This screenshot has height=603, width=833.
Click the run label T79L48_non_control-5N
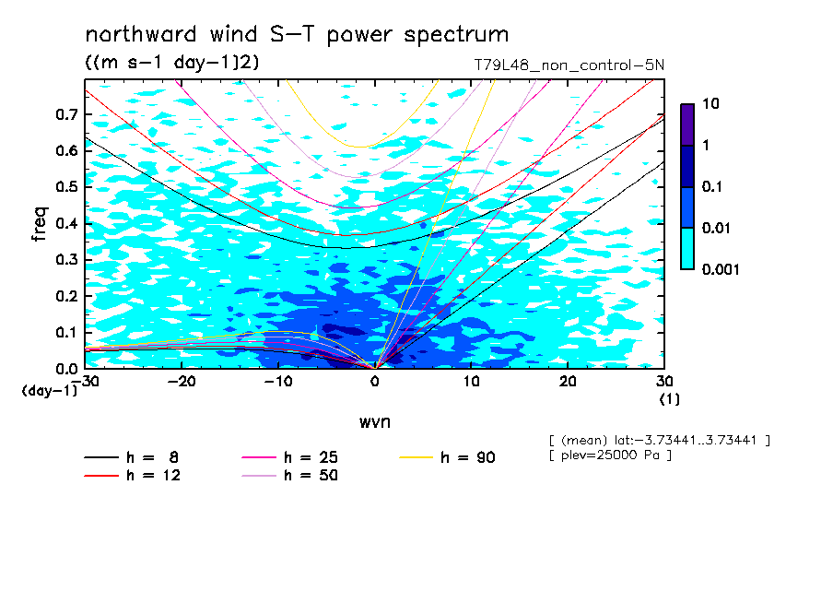(x=569, y=65)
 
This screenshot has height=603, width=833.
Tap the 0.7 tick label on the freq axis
(x=67, y=114)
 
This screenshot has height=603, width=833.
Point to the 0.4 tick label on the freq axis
(x=67, y=223)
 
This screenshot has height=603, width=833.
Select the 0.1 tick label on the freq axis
(x=67, y=332)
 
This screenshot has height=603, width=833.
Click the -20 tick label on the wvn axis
(x=182, y=382)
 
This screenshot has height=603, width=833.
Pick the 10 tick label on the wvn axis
(x=471, y=382)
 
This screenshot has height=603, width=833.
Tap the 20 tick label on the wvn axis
(x=568, y=382)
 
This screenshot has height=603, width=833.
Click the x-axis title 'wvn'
(x=375, y=422)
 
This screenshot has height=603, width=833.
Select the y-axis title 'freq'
(x=40, y=224)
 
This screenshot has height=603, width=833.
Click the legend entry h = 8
(x=131, y=457)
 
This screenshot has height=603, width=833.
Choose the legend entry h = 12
(x=133, y=475)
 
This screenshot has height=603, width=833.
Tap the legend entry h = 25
(x=289, y=457)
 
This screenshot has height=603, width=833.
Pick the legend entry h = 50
(x=289, y=475)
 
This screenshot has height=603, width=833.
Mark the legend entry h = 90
(x=447, y=457)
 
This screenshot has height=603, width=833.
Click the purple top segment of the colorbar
(x=687, y=125)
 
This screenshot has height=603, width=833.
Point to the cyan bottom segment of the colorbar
(x=687, y=249)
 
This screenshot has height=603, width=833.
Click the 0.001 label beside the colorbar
(x=721, y=269)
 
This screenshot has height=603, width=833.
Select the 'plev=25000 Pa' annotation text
(x=610, y=455)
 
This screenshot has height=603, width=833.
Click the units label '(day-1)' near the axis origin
(x=50, y=391)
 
